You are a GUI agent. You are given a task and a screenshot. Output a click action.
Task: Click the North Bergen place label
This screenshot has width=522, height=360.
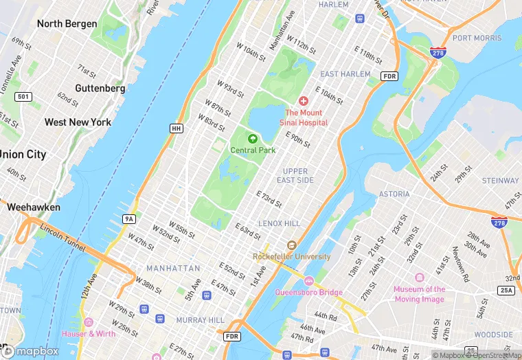click(68, 24)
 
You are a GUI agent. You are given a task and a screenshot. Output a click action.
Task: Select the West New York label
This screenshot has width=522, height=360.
click(78, 122)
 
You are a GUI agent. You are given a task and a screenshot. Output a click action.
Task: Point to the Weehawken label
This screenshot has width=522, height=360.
click(34, 207)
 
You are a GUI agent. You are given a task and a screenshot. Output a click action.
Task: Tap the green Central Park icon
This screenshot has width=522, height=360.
click(253, 139)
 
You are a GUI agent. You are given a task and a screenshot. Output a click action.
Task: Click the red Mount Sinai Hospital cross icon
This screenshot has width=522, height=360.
click(303, 101)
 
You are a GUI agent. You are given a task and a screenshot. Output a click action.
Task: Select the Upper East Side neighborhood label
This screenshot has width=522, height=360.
click(296, 176)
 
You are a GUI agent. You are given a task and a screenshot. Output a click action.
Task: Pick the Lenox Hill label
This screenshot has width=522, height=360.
click(279, 224)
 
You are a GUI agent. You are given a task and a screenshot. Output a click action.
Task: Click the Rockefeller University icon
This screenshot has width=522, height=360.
click(291, 245)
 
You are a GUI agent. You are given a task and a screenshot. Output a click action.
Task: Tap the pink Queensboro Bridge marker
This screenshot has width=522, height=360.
click(308, 281)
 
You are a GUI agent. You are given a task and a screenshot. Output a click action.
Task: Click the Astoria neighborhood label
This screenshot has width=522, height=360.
click(394, 194)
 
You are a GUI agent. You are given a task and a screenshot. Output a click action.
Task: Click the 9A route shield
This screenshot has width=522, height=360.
click(128, 218)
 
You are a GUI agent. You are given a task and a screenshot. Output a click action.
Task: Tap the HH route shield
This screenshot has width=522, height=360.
click(177, 128)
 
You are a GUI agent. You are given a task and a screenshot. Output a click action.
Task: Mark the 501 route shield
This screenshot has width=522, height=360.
click(23, 97)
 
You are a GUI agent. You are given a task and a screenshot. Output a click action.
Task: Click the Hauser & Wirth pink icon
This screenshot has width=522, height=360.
click(88, 322)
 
